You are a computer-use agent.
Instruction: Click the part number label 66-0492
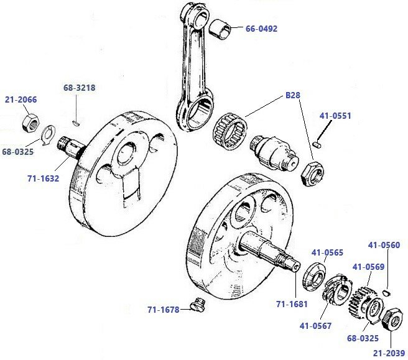(261, 29)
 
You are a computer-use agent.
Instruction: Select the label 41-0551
(335, 116)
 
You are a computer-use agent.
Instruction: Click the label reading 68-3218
(79, 88)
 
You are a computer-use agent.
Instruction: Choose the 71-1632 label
(42, 178)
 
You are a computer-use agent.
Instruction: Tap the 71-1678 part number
(164, 309)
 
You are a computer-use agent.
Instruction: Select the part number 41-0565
(327, 253)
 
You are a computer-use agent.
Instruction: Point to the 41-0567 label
(315, 325)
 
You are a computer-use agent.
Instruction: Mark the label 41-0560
(384, 244)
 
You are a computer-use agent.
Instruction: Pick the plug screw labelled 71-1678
(198, 305)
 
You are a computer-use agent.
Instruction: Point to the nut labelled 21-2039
(390, 318)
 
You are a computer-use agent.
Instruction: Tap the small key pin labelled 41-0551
(317, 145)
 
